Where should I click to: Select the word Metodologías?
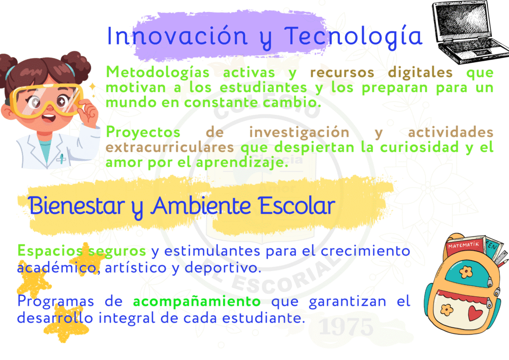(158, 73)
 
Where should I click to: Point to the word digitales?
(421, 72)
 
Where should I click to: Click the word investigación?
(299, 132)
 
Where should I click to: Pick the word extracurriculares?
(170, 147)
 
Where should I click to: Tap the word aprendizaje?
(242, 162)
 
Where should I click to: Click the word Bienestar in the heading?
(77, 206)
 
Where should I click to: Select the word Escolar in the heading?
(297, 206)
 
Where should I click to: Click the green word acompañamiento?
(197, 301)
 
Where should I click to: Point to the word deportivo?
(223, 268)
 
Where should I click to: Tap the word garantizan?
(347, 302)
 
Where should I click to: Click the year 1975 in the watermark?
(346, 327)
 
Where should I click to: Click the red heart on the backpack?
(475, 313)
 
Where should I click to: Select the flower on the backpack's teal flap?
(466, 271)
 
